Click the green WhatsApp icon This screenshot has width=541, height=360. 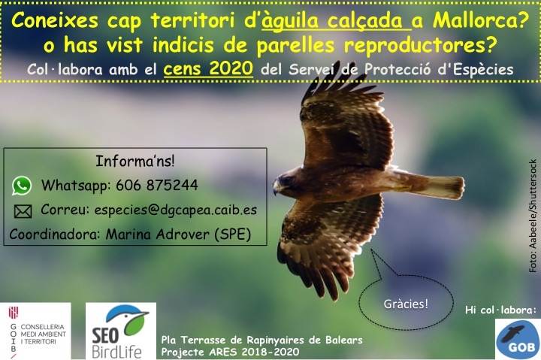pos(22,186)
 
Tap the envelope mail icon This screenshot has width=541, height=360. pos(23,211)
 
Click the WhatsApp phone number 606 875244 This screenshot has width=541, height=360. pos(157,186)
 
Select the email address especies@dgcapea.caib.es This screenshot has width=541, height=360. pos(176,210)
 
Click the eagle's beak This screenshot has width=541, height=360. pos(276,188)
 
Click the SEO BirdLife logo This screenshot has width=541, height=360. pos(121,331)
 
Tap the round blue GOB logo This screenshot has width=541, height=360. pos(518,339)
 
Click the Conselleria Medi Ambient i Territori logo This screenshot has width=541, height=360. pos(35,331)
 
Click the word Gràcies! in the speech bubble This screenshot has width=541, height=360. pos(406,304)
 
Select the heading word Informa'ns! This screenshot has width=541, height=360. pos(135,161)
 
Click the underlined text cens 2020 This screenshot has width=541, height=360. pos(208,68)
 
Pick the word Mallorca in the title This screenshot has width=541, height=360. pos(481,21)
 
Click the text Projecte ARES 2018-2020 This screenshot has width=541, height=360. pos(230,352)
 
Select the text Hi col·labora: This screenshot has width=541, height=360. pos(500,310)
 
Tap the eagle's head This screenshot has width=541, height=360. pos(286,181)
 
